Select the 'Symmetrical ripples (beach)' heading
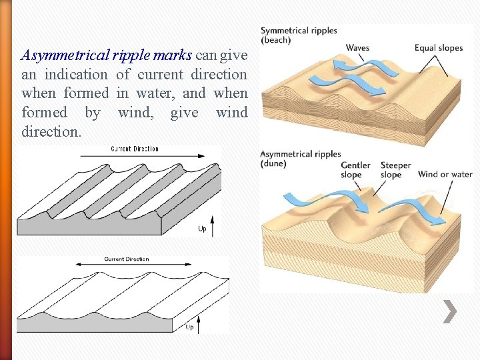(298, 35)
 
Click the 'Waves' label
(357, 48)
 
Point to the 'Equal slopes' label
(438, 48)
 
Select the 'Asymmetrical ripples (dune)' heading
(300, 159)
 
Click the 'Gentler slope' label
(356, 170)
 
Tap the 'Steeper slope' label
(395, 170)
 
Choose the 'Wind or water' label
(445, 175)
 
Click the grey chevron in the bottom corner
(450, 311)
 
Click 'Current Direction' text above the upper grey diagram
(135, 149)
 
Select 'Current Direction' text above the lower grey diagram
(127, 259)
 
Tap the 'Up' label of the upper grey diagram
(202, 229)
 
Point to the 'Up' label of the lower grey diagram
(190, 327)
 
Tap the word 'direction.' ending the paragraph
(51, 131)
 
